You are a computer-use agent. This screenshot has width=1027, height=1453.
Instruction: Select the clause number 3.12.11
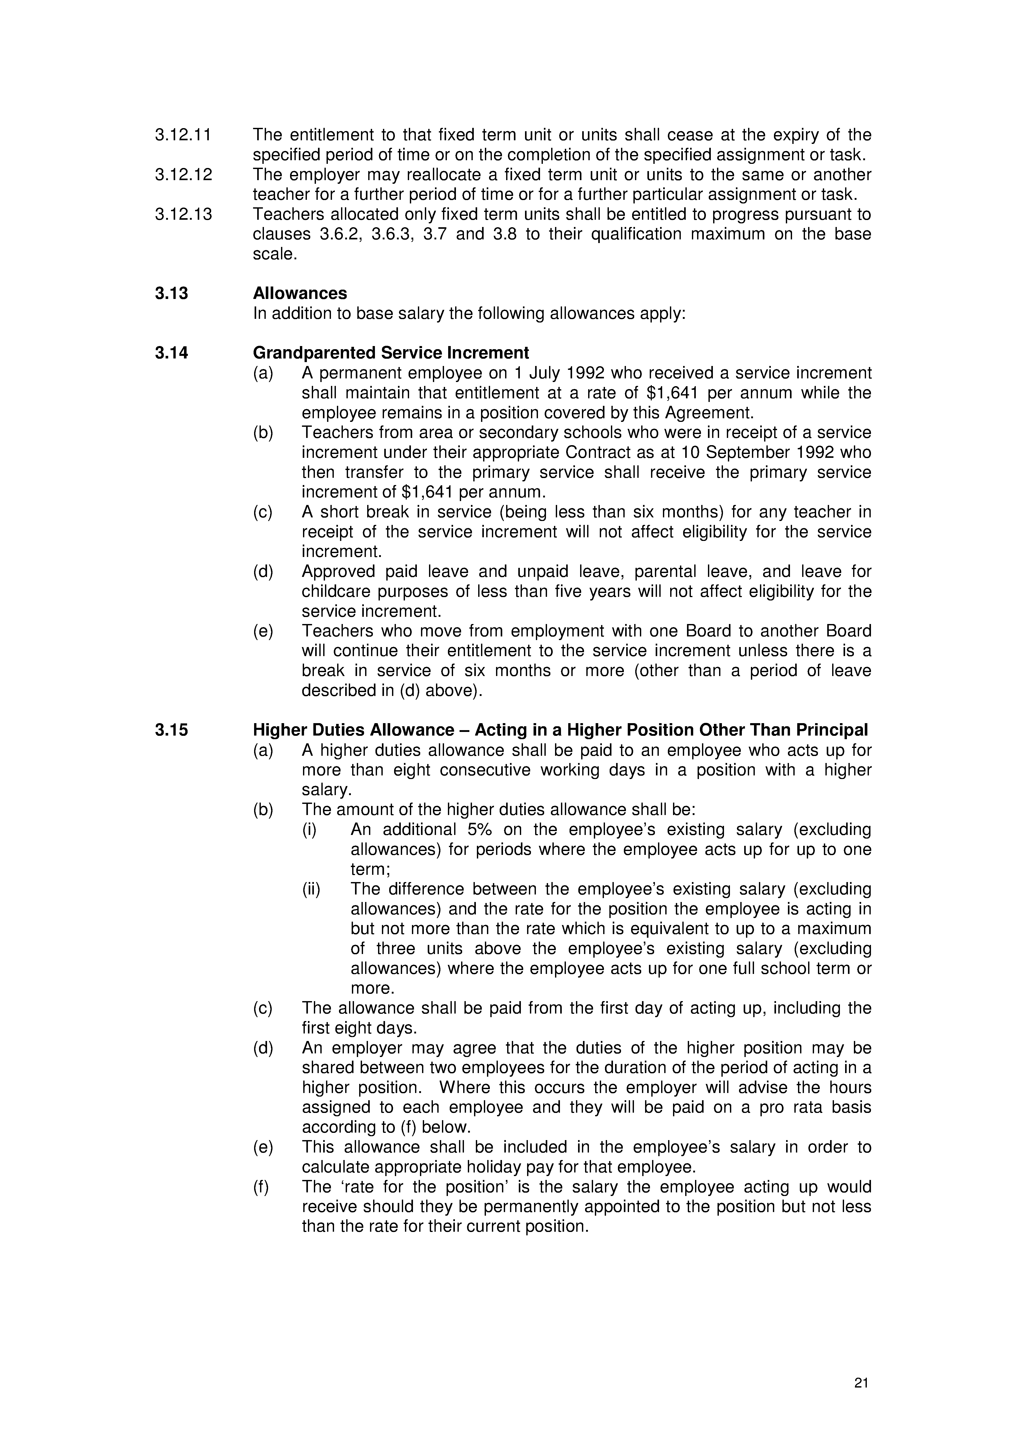183,135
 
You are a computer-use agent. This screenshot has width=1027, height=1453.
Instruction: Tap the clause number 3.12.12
183,175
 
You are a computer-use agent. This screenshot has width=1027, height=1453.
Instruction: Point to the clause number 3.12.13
183,215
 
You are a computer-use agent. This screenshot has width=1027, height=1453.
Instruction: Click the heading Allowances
300,294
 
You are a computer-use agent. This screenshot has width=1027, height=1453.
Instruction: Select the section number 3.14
172,353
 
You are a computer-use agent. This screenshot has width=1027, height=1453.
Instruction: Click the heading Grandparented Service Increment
390,353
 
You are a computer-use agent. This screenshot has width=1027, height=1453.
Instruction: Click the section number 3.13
172,294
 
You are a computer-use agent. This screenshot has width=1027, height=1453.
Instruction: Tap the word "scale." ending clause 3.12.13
275,254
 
